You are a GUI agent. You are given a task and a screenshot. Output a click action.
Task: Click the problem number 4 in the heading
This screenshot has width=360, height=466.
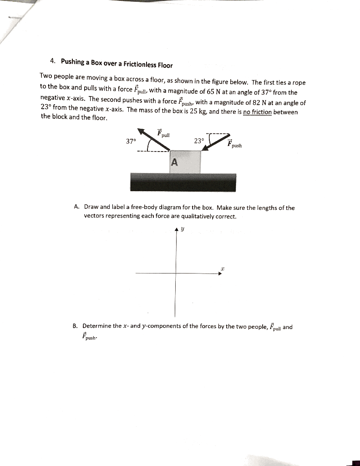tap(53, 61)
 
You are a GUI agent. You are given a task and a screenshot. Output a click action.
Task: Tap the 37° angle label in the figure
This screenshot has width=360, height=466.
tap(131, 141)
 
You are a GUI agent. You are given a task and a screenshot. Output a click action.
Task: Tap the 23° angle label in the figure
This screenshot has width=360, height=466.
tap(199, 141)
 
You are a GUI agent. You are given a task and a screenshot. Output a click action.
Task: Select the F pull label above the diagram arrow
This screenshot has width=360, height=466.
tap(163, 133)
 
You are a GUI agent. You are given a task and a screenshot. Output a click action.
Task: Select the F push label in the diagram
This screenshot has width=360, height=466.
tap(235, 143)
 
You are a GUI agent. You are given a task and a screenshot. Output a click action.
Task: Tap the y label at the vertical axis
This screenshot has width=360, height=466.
tap(183, 230)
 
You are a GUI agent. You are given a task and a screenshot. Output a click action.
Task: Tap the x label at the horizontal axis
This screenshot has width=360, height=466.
tap(223, 269)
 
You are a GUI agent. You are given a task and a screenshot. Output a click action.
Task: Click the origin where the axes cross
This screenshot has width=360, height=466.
tap(176, 274)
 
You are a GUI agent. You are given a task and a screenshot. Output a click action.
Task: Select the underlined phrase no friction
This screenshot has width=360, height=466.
tap(257, 112)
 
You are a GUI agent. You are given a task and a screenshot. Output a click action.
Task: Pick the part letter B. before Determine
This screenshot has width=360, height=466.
tap(75, 326)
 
